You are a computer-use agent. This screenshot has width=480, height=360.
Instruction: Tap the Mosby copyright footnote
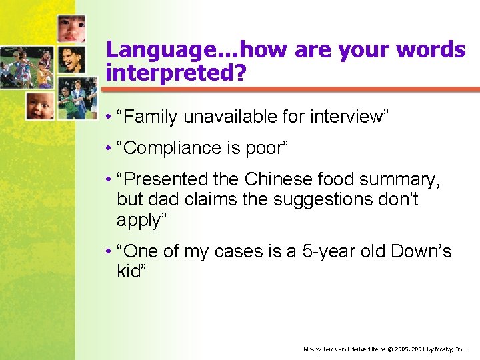pyautogui.click(x=385, y=349)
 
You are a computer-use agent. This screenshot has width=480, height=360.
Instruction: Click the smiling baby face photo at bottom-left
pyautogui.click(x=41, y=105)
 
